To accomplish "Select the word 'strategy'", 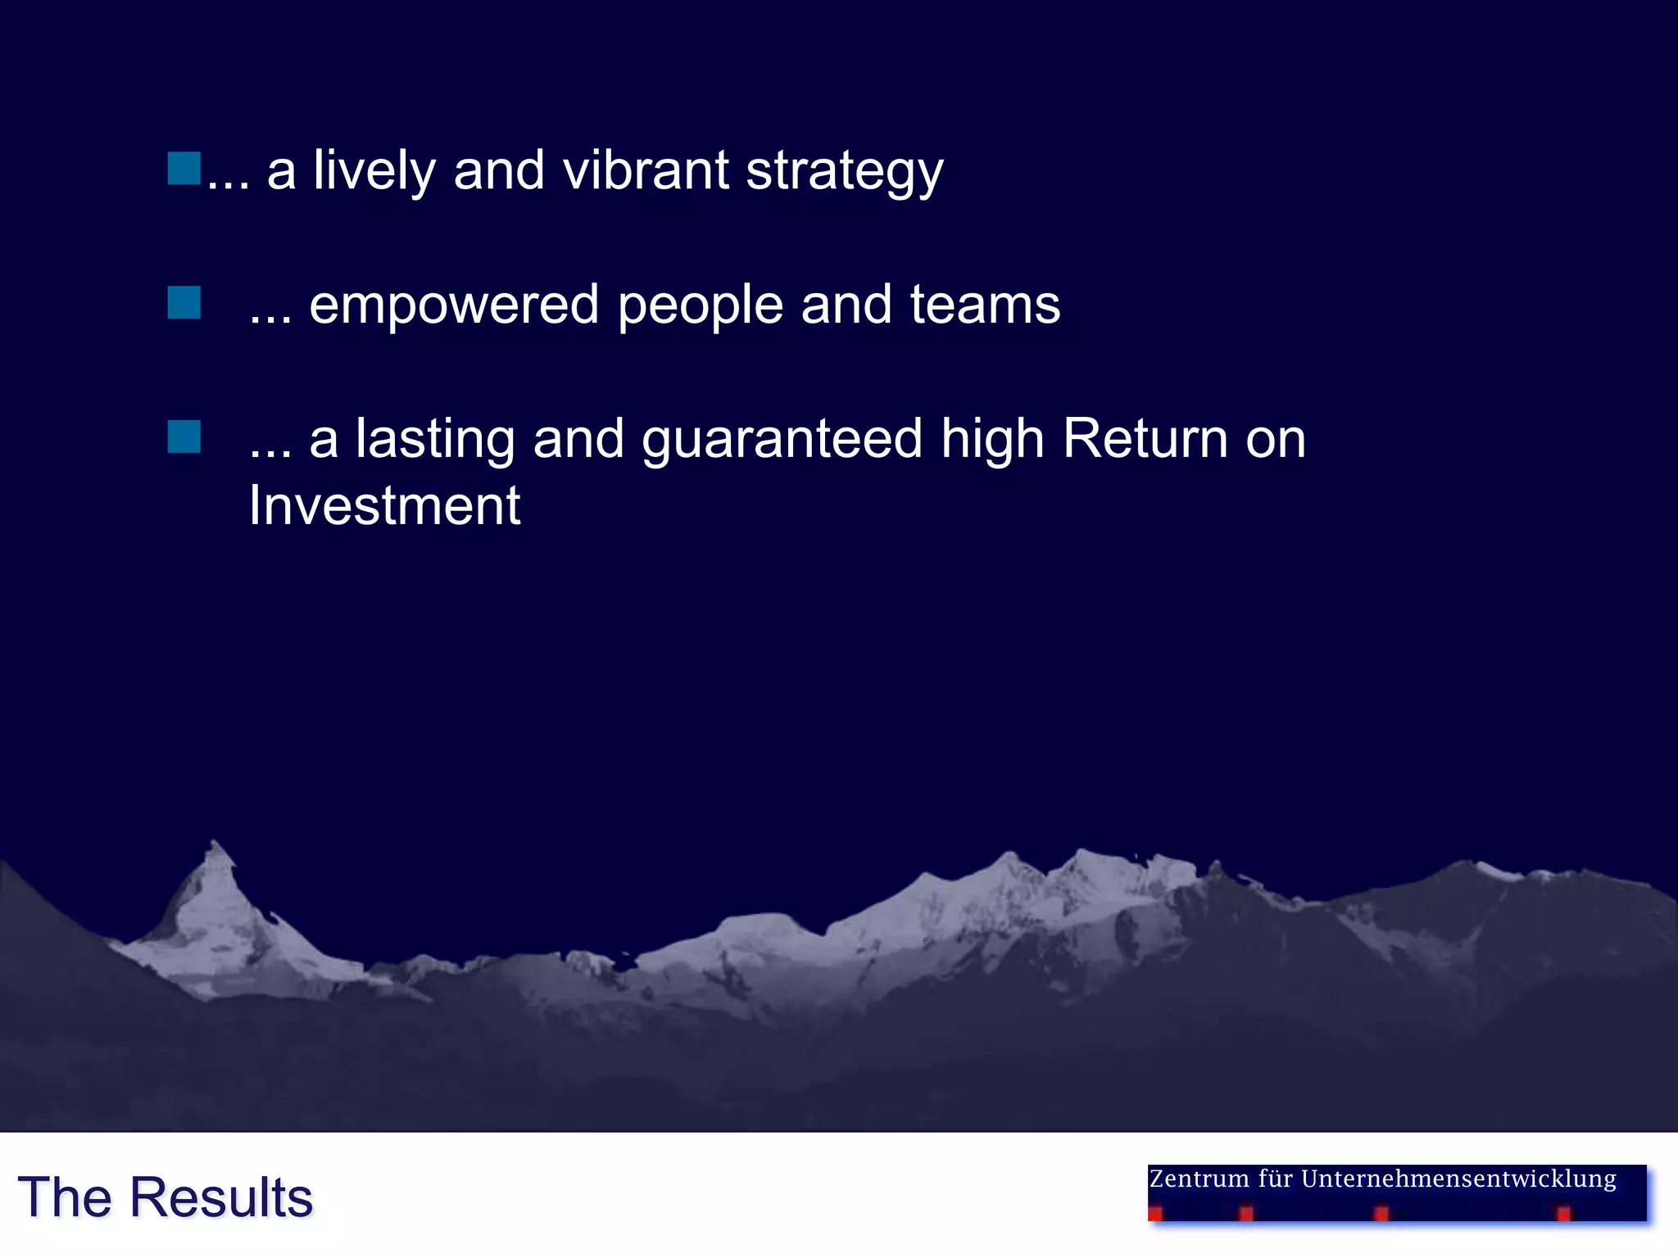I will click(845, 172).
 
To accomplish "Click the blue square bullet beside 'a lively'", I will click(184, 168).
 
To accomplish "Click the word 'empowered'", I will click(454, 305).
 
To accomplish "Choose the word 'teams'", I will click(985, 305).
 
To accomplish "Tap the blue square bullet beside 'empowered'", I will click(184, 302).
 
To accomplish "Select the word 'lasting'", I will click(435, 439).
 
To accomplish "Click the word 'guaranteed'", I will click(782, 439).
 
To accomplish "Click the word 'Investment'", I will click(384, 505).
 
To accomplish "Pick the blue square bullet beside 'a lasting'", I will click(184, 437).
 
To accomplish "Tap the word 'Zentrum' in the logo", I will click(1200, 1179).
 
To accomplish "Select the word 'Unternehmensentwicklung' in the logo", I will click(1458, 1179).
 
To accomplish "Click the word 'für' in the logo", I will click(1275, 1179).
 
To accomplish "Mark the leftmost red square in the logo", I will click(1155, 1214).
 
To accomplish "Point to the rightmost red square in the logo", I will click(1563, 1214).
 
